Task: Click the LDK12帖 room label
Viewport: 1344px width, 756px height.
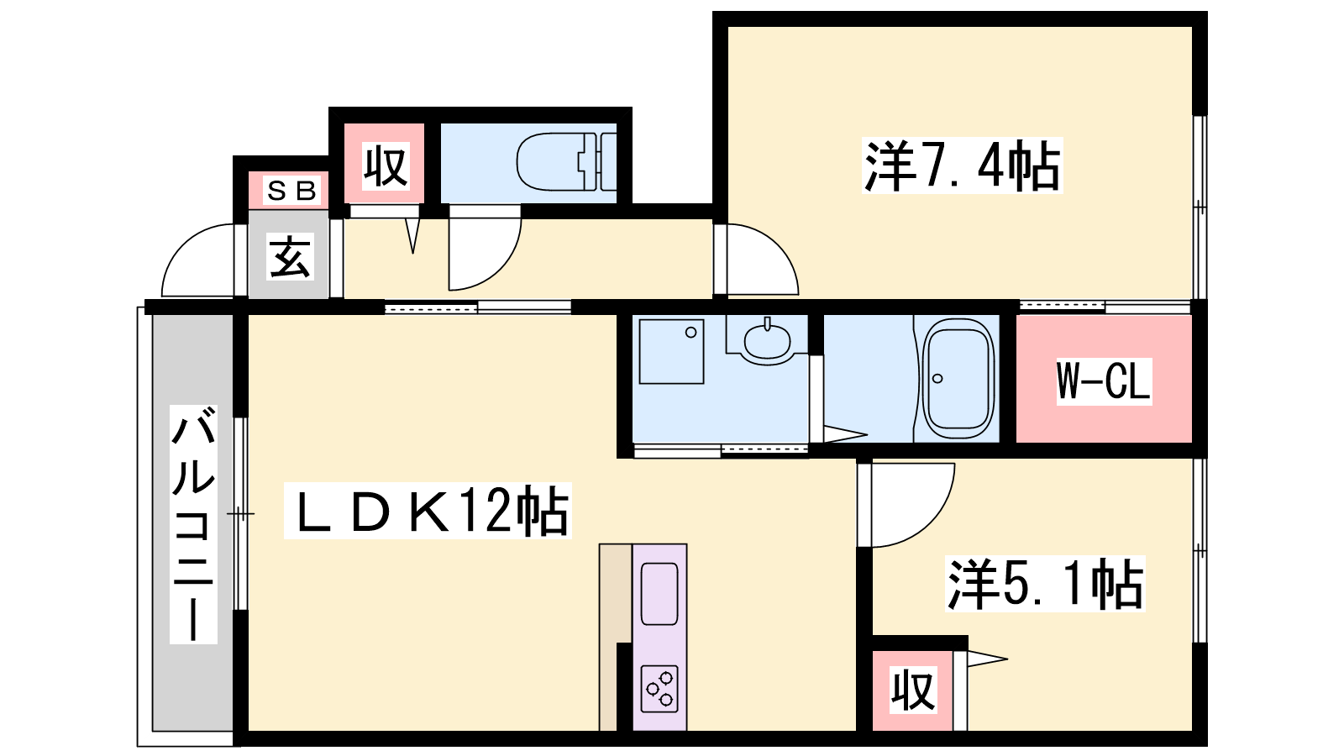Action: coord(428,512)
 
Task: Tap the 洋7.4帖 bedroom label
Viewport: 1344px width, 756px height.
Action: coord(962,165)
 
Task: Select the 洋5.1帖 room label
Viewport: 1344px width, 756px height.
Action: coord(1045,584)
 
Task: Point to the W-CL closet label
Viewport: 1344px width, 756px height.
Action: coord(1104,381)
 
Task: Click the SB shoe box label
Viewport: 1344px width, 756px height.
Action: coord(291,192)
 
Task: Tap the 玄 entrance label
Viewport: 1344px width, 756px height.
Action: coord(291,257)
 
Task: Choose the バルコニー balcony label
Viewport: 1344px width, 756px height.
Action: coord(193,524)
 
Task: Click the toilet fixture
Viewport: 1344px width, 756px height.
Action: coord(566,162)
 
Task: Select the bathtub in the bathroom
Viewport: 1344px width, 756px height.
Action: coord(958,379)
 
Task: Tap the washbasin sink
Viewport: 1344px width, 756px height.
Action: coord(767,342)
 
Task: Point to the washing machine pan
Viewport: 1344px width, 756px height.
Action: coord(671,352)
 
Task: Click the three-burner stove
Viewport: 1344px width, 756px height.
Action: coord(660,689)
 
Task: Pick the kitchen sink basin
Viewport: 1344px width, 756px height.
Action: coord(659,594)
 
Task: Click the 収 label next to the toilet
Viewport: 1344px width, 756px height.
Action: coord(386,166)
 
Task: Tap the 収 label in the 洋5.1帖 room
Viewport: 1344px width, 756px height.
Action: coord(912,690)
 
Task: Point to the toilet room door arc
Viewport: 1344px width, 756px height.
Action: coord(501,268)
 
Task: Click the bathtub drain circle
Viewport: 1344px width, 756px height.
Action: coord(937,379)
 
